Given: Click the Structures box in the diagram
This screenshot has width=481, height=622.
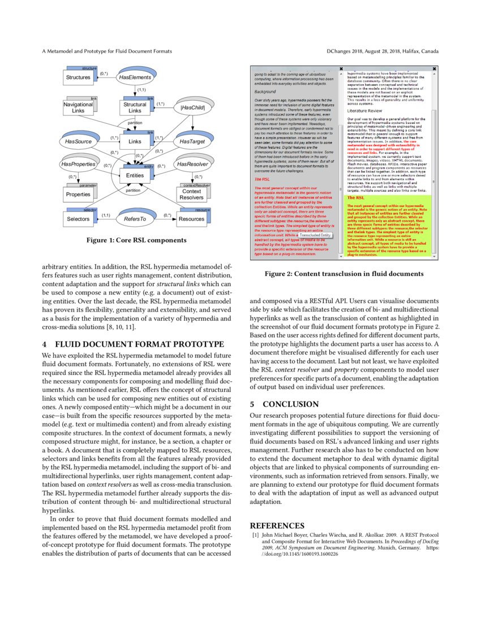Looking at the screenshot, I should click(x=78, y=77).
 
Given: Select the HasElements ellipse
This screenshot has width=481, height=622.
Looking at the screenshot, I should click(x=135, y=77).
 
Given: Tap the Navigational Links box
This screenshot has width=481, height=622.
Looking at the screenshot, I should click(x=78, y=107).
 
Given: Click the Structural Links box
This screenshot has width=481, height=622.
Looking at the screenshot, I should click(x=135, y=107).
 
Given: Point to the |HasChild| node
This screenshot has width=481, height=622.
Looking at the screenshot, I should click(x=192, y=107).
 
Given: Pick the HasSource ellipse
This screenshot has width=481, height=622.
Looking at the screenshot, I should click(x=78, y=141).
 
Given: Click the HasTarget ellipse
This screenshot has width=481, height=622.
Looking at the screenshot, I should click(x=192, y=141).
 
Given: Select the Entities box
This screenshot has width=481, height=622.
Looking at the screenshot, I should click(x=135, y=175).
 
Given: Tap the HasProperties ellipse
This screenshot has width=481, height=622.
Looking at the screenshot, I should click(x=78, y=164).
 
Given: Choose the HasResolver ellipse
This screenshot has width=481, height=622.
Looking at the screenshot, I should click(x=192, y=164).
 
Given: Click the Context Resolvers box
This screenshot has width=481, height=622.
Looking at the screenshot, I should click(x=192, y=195).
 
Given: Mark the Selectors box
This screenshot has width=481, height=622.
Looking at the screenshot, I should click(x=78, y=218).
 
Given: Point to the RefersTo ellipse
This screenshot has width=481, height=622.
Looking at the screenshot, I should click(x=135, y=218).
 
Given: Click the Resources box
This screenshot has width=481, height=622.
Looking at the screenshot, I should click(x=192, y=218).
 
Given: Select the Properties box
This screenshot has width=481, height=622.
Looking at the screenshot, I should click(x=78, y=195).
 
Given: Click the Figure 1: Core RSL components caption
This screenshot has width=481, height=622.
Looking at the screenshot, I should click(x=136, y=240).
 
